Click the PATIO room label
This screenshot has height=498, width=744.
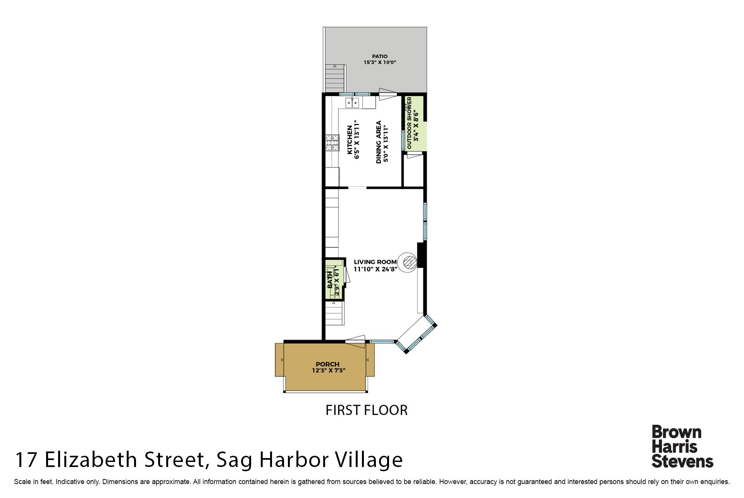[380, 56]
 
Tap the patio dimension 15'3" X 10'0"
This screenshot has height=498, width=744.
[380, 62]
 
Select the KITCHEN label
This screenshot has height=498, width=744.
[350, 140]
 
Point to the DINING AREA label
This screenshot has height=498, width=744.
[379, 142]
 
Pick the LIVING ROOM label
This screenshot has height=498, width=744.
[375, 262]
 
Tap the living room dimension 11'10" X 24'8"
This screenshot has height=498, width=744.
[375, 269]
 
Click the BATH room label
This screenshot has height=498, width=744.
[330, 279]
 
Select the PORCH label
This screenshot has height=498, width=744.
[327, 364]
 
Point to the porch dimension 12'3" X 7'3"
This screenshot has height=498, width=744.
[329, 370]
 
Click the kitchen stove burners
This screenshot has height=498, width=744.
[332, 143]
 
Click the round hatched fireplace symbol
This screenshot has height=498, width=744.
[408, 262]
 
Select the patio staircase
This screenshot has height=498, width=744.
[335, 79]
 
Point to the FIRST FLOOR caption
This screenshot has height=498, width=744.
[367, 410]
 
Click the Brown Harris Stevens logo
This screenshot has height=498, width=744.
[682, 446]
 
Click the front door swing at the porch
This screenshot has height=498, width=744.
[355, 339]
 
